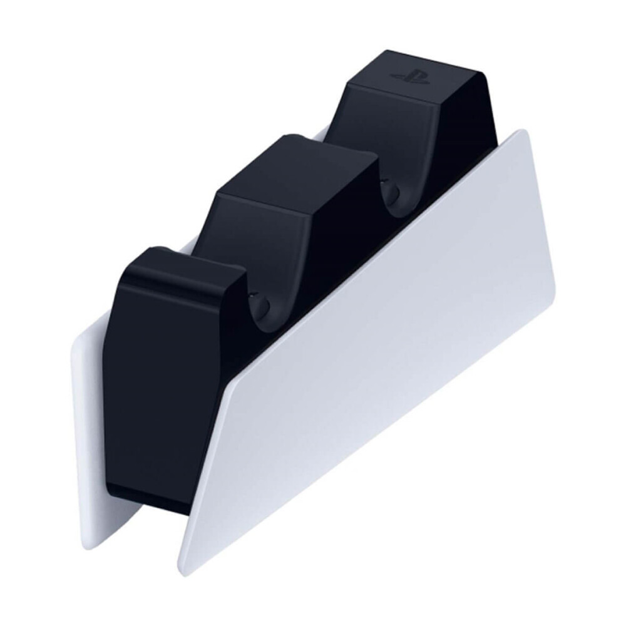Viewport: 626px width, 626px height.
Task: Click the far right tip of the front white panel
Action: click(553, 294)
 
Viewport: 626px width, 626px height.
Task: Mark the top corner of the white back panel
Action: click(78, 338)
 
